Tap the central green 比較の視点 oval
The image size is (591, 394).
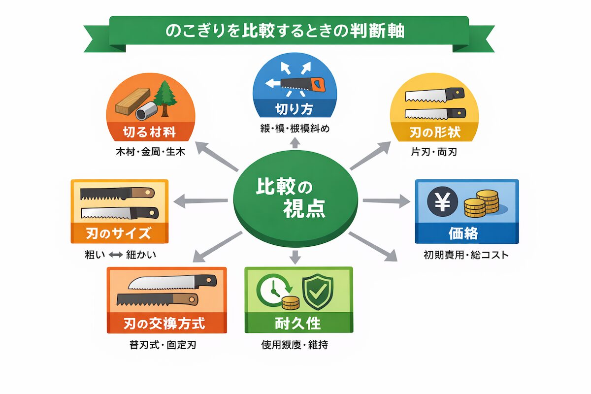pyautogui.click(x=295, y=199)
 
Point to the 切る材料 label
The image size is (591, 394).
pyautogui.click(x=149, y=131)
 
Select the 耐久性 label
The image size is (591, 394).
pyautogui.click(x=298, y=323)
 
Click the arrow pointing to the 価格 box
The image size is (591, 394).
pyautogui.click(x=387, y=200)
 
